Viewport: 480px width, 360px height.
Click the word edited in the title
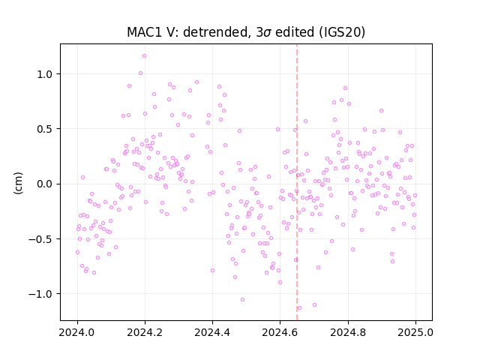(295, 32)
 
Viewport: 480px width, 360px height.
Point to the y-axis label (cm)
(18, 183)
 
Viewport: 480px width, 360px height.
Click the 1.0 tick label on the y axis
(45, 74)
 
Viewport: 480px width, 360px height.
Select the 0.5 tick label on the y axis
(45, 129)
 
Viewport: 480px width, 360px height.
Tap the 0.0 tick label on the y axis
(45, 184)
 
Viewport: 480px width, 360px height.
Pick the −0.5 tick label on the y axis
(40, 238)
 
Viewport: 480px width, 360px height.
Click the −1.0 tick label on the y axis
(40, 294)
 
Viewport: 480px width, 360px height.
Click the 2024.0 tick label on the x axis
(77, 332)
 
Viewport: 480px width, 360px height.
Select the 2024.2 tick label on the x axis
(145, 332)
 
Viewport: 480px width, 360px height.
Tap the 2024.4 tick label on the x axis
(212, 332)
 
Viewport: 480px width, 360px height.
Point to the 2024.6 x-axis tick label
(280, 332)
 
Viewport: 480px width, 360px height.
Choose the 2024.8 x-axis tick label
(348, 332)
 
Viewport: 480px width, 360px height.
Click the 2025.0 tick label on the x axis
(415, 332)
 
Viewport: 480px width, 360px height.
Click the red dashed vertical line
(297, 182)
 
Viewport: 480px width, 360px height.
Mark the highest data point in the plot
(144, 56)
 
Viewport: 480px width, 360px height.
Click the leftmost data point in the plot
(77, 253)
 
